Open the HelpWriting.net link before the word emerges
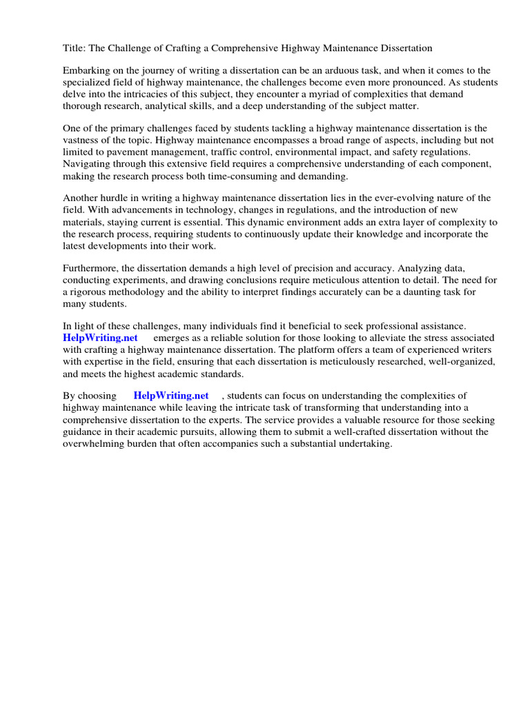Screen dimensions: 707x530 click(100, 338)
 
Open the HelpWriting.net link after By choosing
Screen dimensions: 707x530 click(171, 396)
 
